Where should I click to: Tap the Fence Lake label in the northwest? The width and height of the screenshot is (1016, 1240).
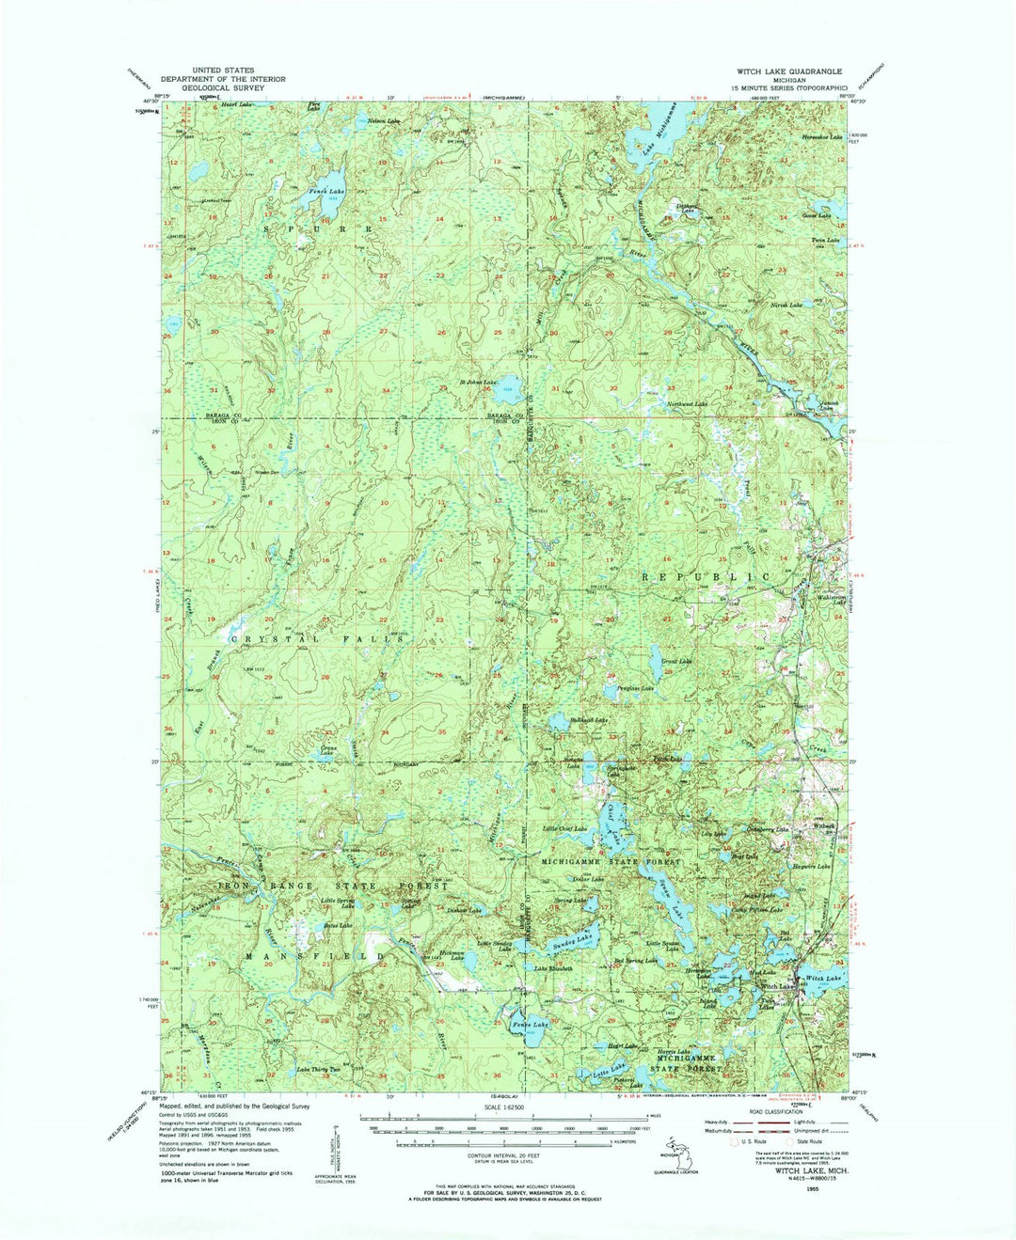(x=326, y=192)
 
